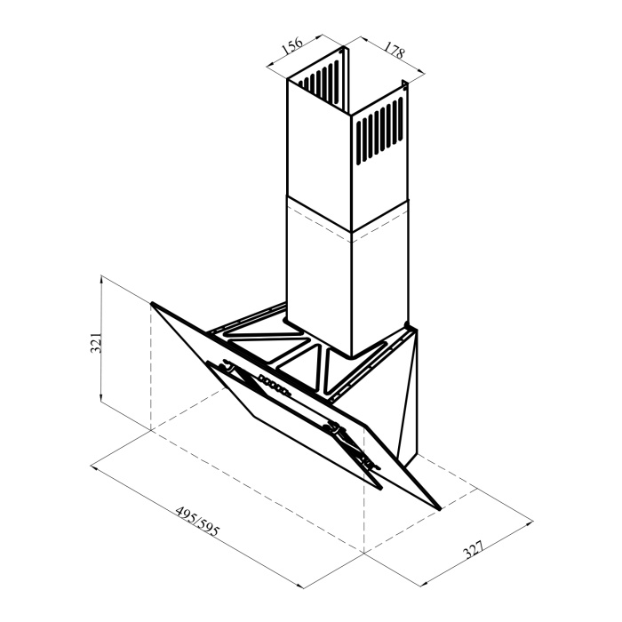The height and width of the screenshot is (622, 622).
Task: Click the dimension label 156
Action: pos(292,47)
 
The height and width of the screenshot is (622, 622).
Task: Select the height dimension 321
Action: pos(96,341)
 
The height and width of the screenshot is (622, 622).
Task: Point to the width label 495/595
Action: pos(197,521)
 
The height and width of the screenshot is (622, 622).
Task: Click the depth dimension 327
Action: pos(474,549)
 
